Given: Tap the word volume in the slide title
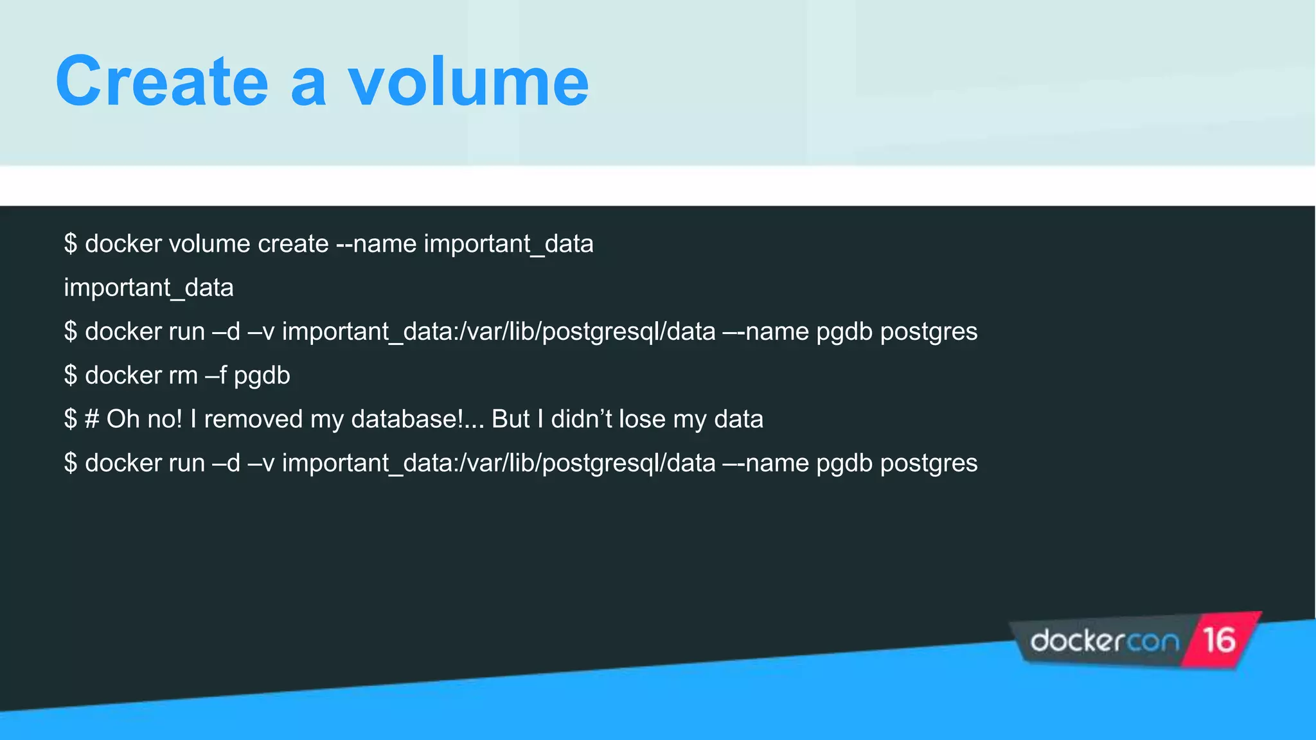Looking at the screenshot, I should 468,82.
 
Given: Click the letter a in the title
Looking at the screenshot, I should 308,85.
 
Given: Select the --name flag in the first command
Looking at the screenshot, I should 376,244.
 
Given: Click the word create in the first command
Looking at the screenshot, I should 293,244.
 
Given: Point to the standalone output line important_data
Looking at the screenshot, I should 148,288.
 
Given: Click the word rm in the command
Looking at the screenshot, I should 183,376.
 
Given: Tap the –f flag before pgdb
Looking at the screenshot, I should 216,376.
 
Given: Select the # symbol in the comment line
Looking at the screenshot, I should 92,419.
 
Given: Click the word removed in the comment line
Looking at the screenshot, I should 253,419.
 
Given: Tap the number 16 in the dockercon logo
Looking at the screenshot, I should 1219,640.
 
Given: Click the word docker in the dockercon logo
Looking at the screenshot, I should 1078,641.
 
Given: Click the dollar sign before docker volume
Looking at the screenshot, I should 71,244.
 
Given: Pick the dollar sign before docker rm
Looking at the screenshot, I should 71,376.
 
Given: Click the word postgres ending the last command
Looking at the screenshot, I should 929,464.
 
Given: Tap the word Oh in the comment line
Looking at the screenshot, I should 123,419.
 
